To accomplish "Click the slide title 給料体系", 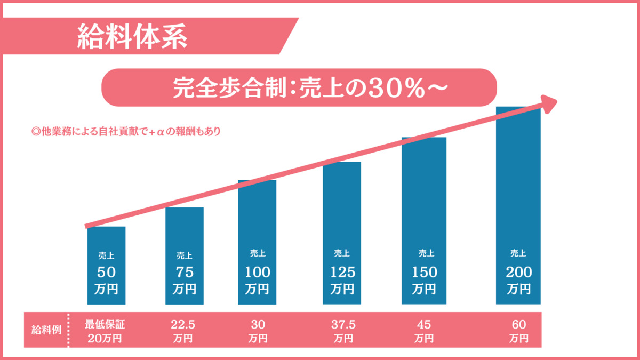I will (132, 36).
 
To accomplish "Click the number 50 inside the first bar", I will (106, 272).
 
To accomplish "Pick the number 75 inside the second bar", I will (184, 272).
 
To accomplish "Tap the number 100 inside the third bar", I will (258, 272).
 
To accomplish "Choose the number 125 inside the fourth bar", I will (342, 272).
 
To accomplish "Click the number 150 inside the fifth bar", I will (425, 272).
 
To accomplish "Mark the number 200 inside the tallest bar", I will (519, 272).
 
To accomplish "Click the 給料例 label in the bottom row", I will (46, 330).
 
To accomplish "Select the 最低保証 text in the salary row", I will (105, 324).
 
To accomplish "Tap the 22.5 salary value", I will (184, 324).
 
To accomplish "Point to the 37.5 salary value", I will (343, 324).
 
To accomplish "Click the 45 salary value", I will (423, 324).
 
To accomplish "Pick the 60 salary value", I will (518, 324).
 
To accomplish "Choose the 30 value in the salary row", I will (258, 324).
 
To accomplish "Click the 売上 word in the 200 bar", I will (518, 253).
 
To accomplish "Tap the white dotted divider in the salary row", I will (69, 330).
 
